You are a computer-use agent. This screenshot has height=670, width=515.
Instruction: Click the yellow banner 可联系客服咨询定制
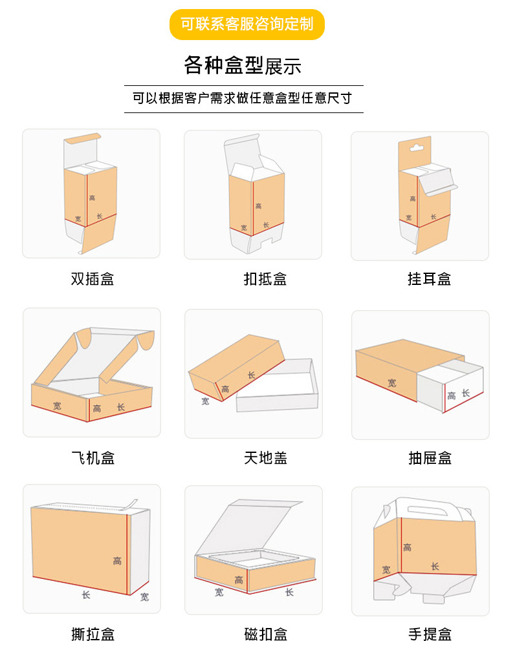tap(247, 25)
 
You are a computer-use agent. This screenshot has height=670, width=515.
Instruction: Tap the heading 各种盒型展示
tap(243, 66)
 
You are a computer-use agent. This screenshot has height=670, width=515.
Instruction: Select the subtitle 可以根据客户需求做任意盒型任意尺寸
tap(243, 99)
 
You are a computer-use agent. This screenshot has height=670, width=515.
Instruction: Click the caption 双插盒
tap(92, 279)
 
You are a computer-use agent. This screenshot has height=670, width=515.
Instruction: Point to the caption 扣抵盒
tap(265, 279)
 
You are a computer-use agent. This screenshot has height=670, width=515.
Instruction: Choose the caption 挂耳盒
tap(429, 279)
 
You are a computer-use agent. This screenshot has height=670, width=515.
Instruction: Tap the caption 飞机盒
tap(92, 458)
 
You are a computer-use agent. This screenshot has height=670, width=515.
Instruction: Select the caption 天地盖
tap(265, 458)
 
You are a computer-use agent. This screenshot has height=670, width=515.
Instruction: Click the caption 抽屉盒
tap(430, 458)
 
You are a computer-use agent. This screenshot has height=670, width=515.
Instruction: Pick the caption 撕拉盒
tap(93, 634)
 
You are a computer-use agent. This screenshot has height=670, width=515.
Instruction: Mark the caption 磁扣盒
tap(265, 634)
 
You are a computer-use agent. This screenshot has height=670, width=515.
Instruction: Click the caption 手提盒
tap(430, 634)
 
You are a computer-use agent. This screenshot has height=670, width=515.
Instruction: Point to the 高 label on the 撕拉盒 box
tap(117, 561)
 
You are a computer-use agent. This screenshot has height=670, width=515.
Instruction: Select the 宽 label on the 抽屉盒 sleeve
tap(392, 383)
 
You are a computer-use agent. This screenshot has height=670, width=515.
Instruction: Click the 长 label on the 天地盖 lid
tap(251, 375)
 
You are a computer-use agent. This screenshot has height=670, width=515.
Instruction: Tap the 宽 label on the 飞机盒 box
tap(58, 406)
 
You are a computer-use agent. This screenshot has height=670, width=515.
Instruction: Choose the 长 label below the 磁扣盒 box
tap(289, 592)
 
